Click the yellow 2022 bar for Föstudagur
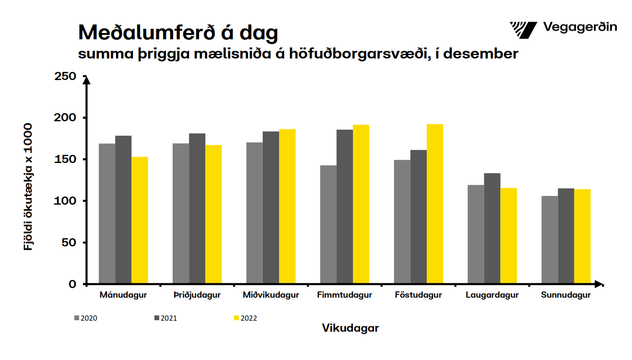(435, 204)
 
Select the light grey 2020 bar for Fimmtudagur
(328, 224)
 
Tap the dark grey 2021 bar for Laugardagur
(492, 228)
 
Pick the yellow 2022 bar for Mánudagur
(140, 220)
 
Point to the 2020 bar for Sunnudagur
(550, 240)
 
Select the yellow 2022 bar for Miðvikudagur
(287, 206)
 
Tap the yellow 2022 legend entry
(245, 318)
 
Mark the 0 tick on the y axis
(72, 284)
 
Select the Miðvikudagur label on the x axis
(271, 295)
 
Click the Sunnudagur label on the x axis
(566, 295)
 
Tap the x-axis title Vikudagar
(350, 328)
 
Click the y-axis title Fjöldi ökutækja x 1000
(28, 187)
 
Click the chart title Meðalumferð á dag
(178, 33)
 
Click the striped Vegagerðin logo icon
(523, 30)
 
